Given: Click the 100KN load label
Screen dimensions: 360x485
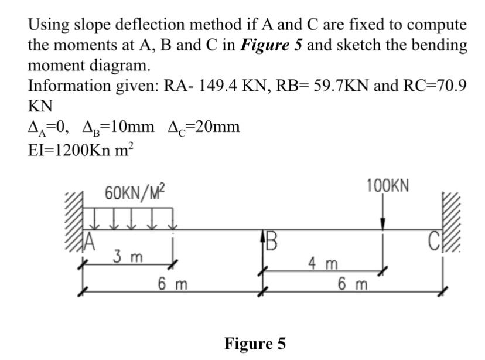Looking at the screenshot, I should pos(388,186).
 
